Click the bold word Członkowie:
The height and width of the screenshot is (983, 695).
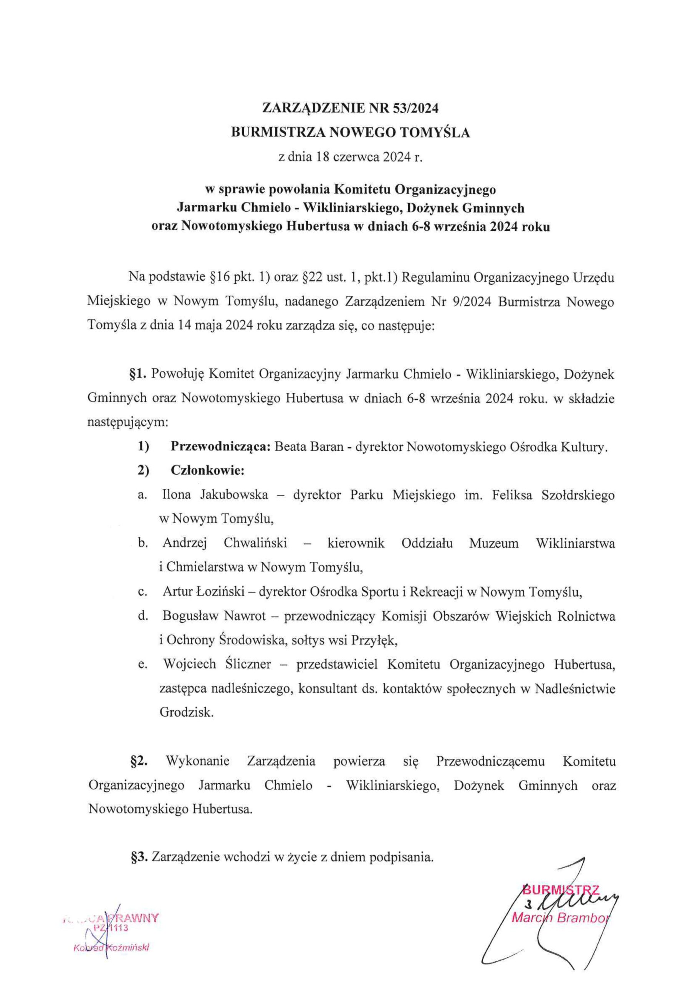[207, 471]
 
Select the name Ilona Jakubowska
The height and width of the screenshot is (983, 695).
[215, 495]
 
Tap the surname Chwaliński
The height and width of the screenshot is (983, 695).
[255, 544]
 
